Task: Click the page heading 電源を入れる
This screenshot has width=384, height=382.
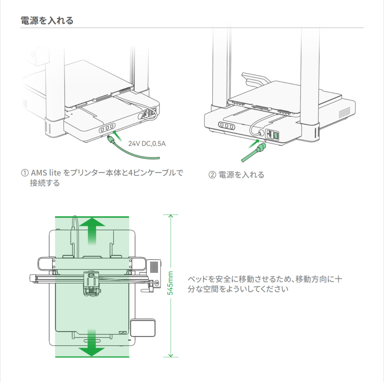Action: coord(47,20)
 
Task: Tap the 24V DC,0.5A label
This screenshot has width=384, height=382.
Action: coord(147,143)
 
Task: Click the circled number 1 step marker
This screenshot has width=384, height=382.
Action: coord(24,173)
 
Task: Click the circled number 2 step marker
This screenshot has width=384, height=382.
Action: coord(212,175)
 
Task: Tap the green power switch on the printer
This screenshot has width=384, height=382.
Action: coord(276,134)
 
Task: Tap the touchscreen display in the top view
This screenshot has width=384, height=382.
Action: coord(143,328)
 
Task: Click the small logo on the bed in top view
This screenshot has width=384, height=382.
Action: coord(121,332)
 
